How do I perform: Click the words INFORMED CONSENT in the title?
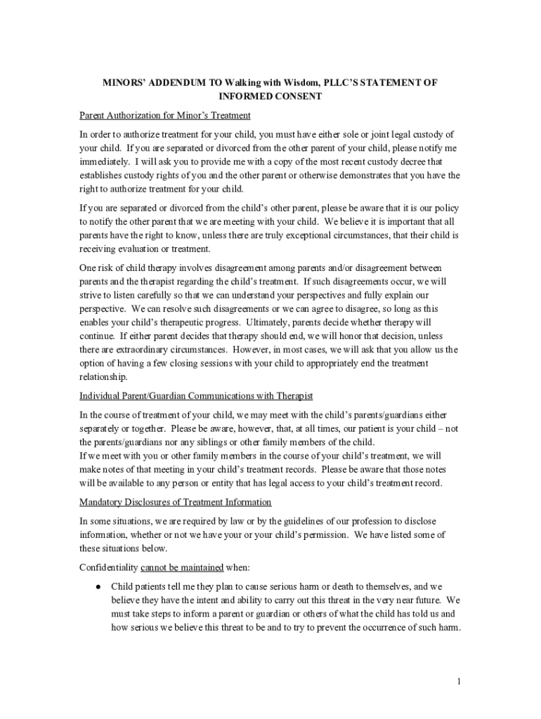pos(270,96)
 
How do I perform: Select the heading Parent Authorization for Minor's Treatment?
pos(165,115)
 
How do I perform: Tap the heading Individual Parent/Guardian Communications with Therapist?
pos(196,396)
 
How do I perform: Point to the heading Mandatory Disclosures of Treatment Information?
pos(175,502)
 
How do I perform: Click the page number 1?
pos(458,681)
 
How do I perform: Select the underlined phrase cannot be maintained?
pos(182,567)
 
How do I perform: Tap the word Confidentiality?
pos(108,567)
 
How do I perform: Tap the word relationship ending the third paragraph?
pos(103,376)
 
